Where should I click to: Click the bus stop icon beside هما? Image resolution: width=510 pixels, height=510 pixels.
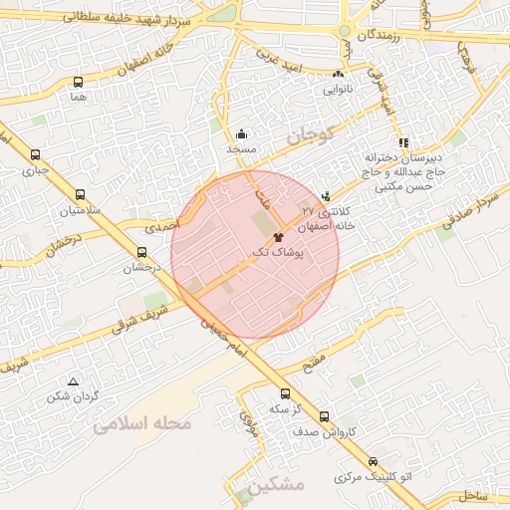(79, 83)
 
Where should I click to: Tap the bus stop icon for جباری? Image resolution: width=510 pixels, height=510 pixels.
(36, 154)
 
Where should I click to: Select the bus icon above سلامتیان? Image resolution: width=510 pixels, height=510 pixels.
(80, 195)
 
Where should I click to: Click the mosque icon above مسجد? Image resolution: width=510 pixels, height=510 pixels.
(240, 133)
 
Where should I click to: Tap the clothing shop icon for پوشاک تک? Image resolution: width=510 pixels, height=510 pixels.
(278, 237)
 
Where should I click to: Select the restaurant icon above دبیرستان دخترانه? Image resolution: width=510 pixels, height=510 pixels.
(403, 143)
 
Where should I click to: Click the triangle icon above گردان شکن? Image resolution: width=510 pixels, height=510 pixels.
(73, 382)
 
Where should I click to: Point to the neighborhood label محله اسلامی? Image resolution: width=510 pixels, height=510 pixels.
(140, 425)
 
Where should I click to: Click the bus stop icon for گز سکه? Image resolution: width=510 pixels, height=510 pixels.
(286, 393)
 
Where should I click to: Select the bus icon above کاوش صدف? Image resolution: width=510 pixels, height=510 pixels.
(324, 416)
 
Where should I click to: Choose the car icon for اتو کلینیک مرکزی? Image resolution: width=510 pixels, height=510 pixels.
(373, 462)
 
